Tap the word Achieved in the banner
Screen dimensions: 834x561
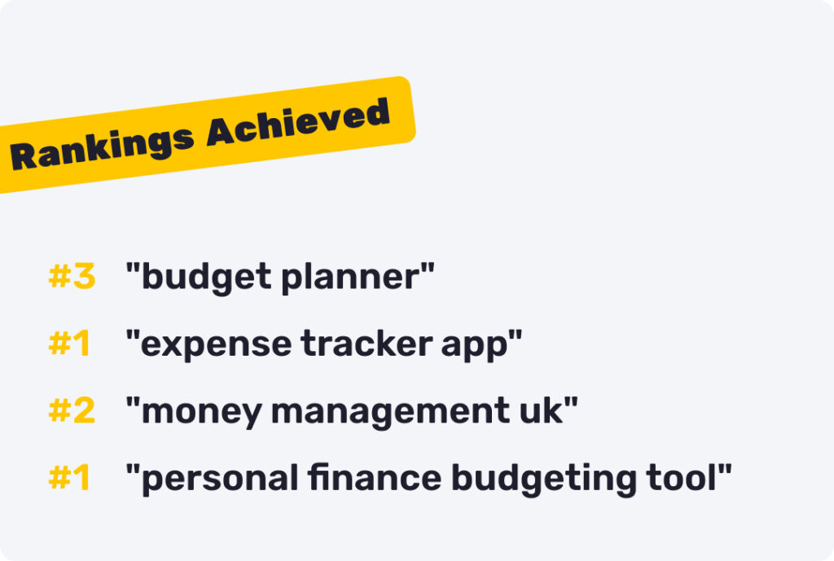[x=298, y=122]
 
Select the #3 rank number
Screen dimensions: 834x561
[x=72, y=276]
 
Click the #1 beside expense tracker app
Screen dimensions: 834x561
[x=69, y=343]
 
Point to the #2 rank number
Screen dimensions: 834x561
[x=72, y=410]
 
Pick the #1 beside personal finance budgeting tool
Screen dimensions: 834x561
[x=69, y=477]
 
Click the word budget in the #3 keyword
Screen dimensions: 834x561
[x=206, y=278]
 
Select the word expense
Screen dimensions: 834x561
[x=216, y=344]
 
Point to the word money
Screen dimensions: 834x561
[x=202, y=413]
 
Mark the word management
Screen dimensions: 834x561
[x=390, y=412]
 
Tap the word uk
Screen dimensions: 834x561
[x=542, y=410]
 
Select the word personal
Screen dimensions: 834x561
[x=220, y=479]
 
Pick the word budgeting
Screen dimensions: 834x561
[x=543, y=479]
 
